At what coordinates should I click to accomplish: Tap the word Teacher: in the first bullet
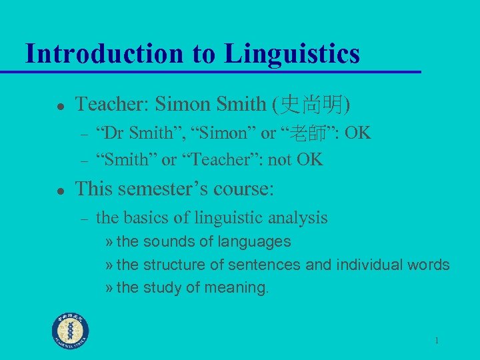click(x=112, y=104)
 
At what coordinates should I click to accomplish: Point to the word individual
click(x=369, y=265)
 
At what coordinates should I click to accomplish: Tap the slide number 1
click(x=436, y=341)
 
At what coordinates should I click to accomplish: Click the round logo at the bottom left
click(x=71, y=330)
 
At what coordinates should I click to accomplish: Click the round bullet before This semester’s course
click(x=59, y=190)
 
